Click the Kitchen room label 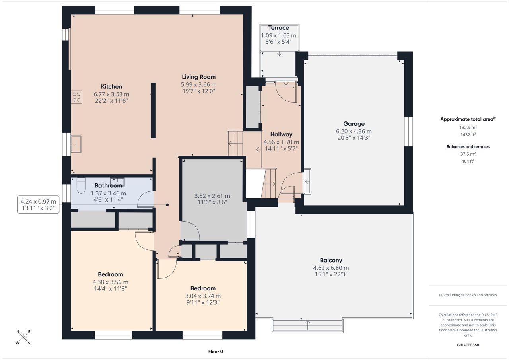111,87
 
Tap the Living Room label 198,77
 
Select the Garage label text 354,124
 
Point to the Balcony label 331,260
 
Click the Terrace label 278,28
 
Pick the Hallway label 281,134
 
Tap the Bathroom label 108,186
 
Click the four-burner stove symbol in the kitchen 76,97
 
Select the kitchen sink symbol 76,144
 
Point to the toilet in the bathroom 81,185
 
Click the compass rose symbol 23,337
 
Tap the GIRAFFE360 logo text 468,345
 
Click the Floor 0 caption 216,352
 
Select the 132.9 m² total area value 468,128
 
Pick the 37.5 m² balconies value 468,154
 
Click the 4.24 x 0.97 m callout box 39,204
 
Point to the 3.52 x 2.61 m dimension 212,196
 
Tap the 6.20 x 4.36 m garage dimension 354,131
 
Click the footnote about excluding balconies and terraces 468,295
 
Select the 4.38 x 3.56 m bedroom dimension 111,282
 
